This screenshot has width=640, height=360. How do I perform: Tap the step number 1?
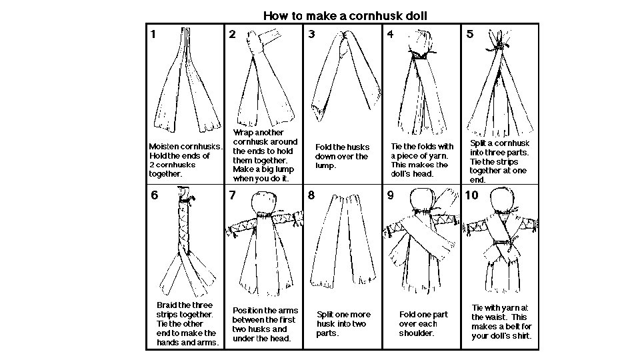coord(153,34)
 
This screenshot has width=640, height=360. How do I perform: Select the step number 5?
coord(470,34)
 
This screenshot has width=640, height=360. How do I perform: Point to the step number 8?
coord(311,195)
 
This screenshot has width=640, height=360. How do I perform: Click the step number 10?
coord(471,195)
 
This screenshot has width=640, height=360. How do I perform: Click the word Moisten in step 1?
coord(164,147)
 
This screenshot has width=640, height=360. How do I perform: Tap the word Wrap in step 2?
coord(243,133)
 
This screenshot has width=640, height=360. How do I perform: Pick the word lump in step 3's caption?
coord(325,166)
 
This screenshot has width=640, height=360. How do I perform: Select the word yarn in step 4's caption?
coord(439,156)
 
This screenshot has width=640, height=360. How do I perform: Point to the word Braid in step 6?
coord(166,305)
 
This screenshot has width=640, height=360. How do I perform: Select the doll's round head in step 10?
coord(501,199)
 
